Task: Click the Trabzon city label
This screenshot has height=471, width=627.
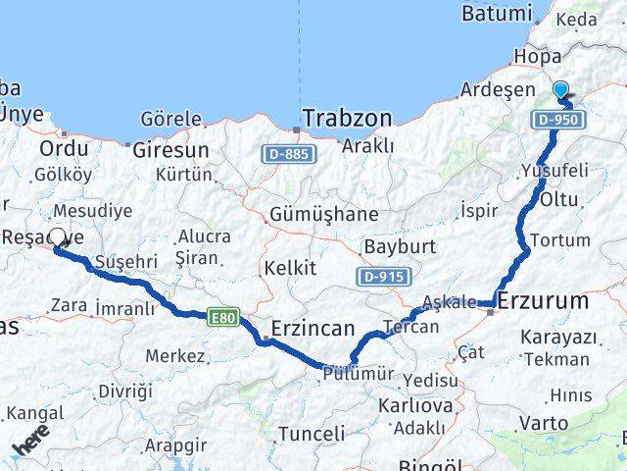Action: coord(347,119)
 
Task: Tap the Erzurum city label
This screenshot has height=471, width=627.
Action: coord(544,300)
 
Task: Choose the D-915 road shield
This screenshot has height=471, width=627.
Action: coord(383,277)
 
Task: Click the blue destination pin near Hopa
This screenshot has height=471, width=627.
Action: coord(560,90)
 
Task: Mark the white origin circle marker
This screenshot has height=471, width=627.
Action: coord(57,237)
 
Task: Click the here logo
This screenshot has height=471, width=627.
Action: coord(31,442)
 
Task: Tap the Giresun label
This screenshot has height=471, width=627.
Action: coord(171,150)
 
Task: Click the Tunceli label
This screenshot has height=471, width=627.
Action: coord(312,433)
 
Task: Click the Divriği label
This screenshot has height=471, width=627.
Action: coord(125,391)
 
